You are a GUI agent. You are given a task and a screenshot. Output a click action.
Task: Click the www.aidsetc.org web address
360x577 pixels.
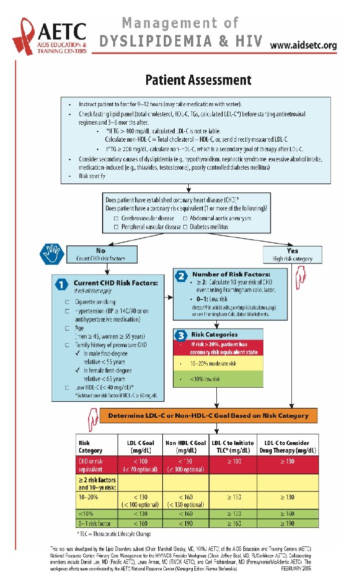(x=303, y=45)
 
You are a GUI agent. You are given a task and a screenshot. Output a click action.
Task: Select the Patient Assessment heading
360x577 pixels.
(x=198, y=80)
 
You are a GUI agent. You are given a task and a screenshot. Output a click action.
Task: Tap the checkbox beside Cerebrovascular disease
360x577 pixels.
(x=116, y=218)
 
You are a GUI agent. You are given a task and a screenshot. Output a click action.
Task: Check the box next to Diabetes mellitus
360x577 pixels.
(x=185, y=227)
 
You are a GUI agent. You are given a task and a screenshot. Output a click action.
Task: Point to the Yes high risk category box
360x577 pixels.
(x=292, y=254)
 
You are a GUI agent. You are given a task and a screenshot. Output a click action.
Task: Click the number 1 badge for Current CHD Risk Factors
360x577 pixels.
(x=61, y=284)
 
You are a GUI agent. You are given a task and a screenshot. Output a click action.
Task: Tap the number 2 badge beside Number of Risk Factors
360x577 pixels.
(x=181, y=275)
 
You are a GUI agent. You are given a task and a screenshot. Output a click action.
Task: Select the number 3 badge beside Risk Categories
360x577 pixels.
(x=181, y=334)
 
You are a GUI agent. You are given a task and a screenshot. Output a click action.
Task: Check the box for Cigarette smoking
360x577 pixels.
(x=67, y=302)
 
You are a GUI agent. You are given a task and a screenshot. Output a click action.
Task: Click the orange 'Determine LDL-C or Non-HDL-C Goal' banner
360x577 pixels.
(x=208, y=415)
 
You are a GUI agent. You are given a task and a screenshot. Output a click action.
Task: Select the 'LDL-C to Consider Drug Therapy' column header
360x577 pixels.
(x=286, y=446)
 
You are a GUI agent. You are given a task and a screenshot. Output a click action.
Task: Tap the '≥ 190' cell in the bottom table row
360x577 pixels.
(x=286, y=523)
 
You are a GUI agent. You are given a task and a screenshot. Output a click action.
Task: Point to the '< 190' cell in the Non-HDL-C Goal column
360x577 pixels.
(x=185, y=523)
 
